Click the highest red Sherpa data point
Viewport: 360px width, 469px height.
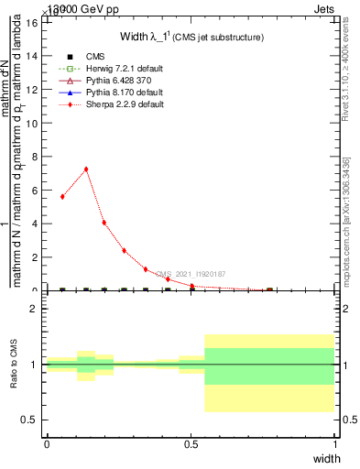[x=86, y=169]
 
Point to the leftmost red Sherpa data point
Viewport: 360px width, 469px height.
[x=62, y=196]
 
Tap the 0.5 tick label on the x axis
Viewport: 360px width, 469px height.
[x=191, y=443]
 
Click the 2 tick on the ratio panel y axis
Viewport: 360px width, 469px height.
[x=34, y=309]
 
